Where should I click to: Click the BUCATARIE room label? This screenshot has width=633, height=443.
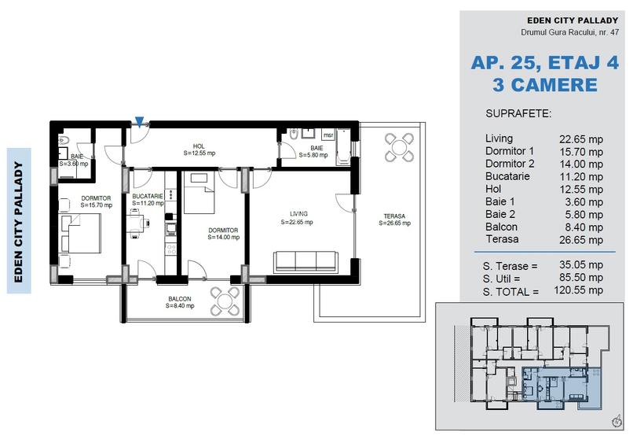[x=148, y=198]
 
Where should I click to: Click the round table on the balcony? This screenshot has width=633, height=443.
[x=226, y=301]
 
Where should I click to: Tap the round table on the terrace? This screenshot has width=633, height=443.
[x=400, y=146]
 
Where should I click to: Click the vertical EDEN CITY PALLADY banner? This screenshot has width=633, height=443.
[x=19, y=220]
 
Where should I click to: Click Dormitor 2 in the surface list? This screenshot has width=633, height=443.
[x=510, y=164]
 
